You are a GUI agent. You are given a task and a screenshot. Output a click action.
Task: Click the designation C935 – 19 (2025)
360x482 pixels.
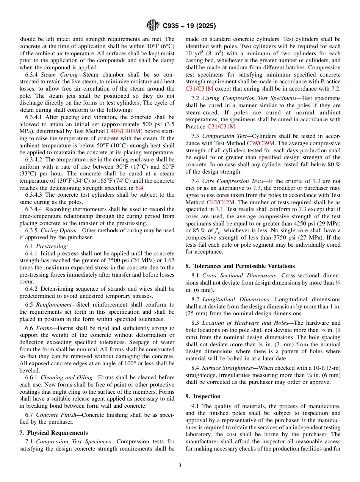[189, 26]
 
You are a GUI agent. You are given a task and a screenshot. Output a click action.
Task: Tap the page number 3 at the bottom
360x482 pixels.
[180, 466]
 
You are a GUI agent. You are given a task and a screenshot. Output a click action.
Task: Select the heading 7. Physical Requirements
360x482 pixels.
[53, 433]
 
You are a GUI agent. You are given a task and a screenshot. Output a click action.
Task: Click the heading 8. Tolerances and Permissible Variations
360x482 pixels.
[240, 266]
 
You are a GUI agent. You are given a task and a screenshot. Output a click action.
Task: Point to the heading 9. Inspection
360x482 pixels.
[203, 396]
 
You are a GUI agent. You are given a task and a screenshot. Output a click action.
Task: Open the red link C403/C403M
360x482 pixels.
[124, 131]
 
